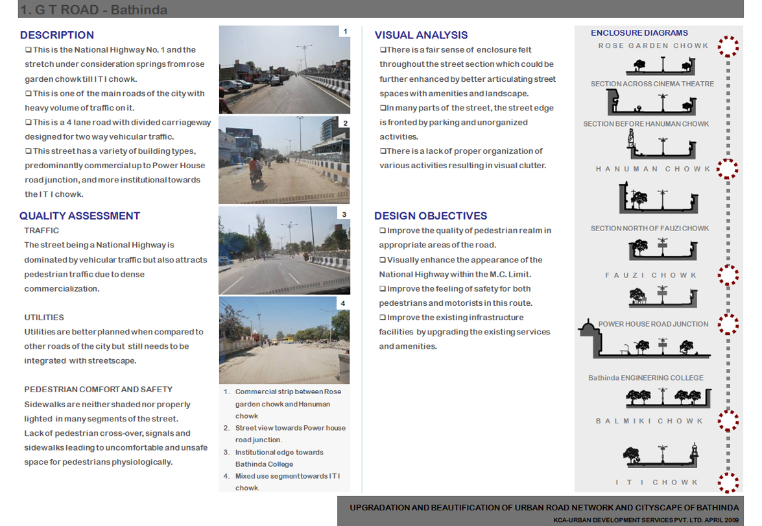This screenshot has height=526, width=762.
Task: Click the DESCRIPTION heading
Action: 57,35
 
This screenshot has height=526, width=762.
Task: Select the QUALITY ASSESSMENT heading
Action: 80,216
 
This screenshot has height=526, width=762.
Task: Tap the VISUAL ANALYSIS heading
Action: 421,35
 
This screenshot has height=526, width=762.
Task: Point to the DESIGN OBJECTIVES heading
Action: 431,216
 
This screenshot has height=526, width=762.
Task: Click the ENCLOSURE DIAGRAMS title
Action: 639,32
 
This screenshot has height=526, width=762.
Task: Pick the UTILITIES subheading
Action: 44,318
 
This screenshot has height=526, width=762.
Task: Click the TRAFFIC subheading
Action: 42,231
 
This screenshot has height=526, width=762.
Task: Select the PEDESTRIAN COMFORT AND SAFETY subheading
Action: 98,390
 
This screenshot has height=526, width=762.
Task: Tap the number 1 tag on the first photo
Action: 345,31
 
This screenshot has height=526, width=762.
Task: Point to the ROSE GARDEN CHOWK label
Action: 653,46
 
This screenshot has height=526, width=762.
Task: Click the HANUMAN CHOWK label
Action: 653,169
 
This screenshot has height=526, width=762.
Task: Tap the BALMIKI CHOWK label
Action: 649,421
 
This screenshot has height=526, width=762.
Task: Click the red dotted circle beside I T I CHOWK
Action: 728,482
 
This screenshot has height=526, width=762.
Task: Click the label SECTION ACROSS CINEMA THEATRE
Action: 652,84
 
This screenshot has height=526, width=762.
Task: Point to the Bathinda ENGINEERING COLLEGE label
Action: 645,378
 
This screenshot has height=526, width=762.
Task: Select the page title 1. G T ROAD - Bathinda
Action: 93,10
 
